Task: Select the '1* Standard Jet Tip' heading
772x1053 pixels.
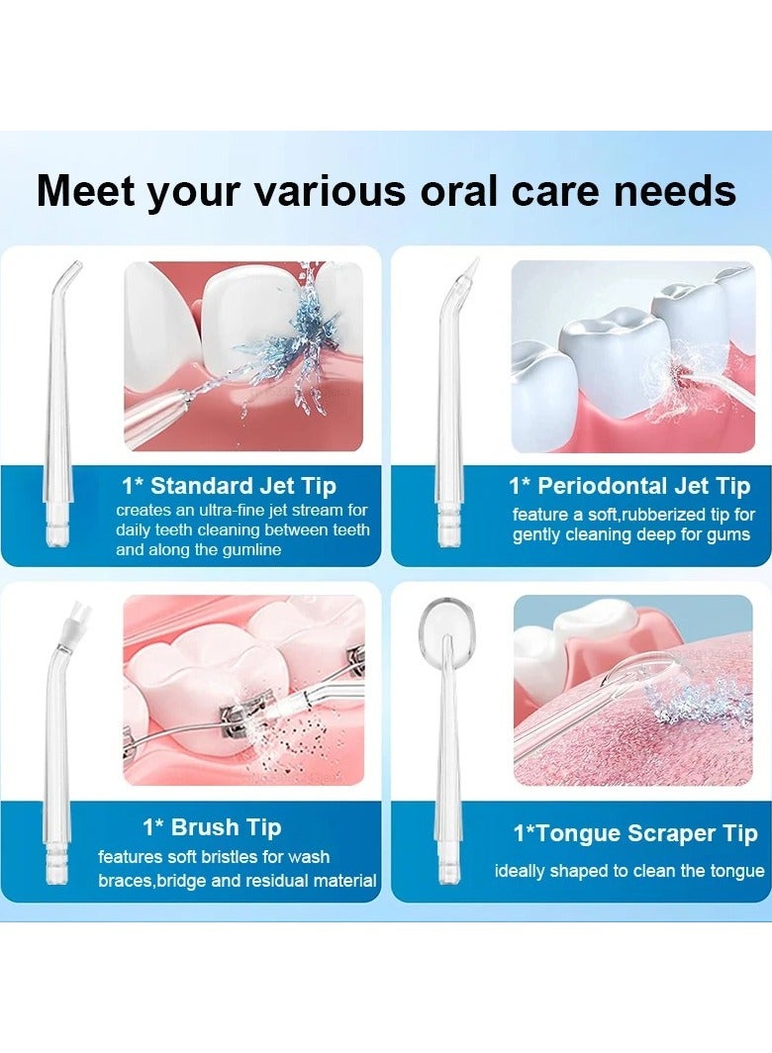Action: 229,486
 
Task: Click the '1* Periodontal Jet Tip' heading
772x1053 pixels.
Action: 629,486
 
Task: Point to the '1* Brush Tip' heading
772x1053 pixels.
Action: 212,827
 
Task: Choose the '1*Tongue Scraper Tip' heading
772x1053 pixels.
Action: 634,833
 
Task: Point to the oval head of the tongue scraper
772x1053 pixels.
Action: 441,622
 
